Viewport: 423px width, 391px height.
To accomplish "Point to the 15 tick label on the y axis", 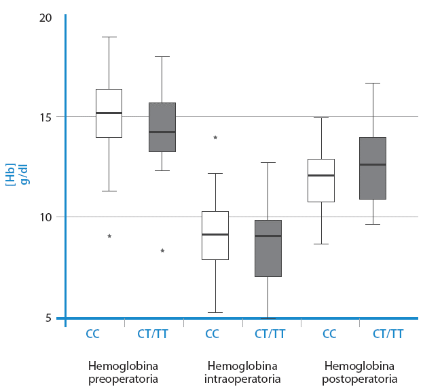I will [x=45, y=117].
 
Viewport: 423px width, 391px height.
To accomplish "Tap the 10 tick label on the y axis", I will [x=45, y=217].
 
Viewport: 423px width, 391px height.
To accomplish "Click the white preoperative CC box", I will [x=109, y=113].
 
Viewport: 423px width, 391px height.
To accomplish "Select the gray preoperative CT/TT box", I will [x=162, y=127].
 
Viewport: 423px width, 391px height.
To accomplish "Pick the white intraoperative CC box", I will [x=215, y=235].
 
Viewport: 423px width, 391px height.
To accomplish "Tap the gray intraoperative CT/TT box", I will [x=268, y=248].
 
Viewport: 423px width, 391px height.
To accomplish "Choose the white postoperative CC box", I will [x=321, y=180].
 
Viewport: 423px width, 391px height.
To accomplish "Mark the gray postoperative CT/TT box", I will [x=373, y=168].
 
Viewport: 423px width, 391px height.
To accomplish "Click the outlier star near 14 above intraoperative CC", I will [x=215, y=138].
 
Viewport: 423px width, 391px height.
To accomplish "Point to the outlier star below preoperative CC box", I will [x=109, y=236].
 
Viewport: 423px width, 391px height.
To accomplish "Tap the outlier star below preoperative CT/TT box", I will [x=162, y=250].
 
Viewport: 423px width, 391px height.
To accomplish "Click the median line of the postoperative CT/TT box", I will [x=373, y=164].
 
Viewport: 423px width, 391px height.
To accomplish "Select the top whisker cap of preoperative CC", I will [x=109, y=37].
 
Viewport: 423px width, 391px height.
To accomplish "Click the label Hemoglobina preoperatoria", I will [x=124, y=372].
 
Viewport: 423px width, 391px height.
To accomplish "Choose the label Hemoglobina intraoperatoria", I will [x=242, y=372].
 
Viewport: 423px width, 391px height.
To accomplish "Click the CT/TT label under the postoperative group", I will [x=388, y=334].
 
